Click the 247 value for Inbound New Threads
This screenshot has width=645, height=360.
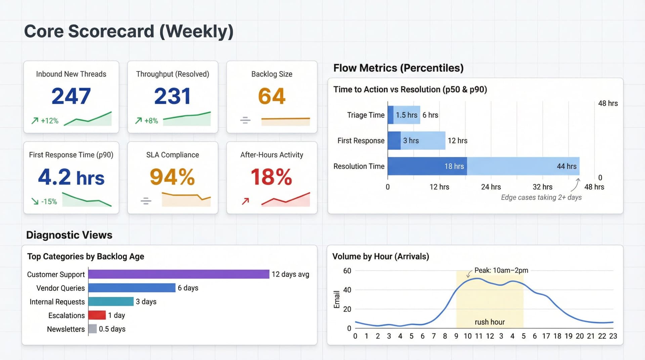(x=71, y=96)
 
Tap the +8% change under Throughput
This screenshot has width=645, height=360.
(x=151, y=121)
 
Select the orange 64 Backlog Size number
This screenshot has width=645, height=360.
(x=271, y=96)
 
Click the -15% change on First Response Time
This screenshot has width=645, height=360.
(x=49, y=201)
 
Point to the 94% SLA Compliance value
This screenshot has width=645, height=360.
(x=172, y=177)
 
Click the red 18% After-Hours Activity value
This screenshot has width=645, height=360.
(x=271, y=177)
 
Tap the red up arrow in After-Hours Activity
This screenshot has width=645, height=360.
(x=246, y=201)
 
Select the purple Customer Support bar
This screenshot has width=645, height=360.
(x=178, y=274)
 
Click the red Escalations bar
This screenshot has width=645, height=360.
(x=97, y=315)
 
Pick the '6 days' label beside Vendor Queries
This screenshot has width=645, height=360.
(x=188, y=288)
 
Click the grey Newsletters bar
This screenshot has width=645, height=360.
(x=93, y=329)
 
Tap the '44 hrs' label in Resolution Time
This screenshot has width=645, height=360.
(x=566, y=166)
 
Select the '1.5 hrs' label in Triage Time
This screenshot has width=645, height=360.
(x=406, y=115)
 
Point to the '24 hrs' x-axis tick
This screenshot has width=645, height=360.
(x=490, y=187)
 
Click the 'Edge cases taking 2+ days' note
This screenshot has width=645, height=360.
(x=541, y=197)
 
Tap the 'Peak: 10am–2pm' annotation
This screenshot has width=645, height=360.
(x=501, y=270)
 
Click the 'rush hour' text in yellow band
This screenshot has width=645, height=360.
(x=489, y=322)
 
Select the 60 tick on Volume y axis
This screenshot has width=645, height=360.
(x=347, y=271)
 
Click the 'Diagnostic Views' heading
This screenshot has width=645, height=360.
(x=69, y=235)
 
